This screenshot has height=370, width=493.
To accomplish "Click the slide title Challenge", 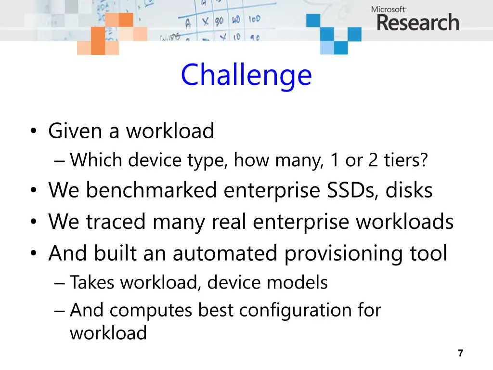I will click(246, 75).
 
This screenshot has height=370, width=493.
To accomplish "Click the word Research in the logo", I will click(417, 23).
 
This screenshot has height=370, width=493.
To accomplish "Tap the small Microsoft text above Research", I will click(389, 9).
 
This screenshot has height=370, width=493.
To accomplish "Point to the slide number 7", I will click(460, 353).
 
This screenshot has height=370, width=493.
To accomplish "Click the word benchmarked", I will click(152, 190).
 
